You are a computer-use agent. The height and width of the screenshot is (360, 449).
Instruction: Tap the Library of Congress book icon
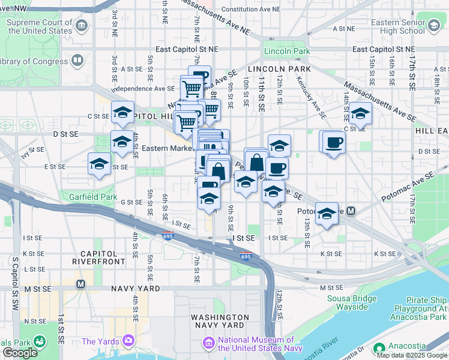(77, 61)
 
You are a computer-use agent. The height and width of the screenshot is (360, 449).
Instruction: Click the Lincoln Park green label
(286, 52)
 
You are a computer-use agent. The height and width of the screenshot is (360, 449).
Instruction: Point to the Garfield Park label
(92, 196)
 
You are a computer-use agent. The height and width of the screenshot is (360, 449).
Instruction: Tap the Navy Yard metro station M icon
(80, 283)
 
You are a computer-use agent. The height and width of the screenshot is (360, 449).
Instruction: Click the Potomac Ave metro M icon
(351, 211)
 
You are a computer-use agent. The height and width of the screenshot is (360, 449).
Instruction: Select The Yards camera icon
(127, 341)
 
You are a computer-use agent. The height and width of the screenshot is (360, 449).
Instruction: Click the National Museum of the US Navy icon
(208, 343)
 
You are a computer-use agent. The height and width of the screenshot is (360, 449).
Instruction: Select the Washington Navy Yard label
(220, 321)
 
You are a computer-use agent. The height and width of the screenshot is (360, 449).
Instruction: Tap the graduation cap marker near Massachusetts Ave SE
(361, 113)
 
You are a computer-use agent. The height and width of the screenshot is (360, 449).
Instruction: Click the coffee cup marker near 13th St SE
(333, 143)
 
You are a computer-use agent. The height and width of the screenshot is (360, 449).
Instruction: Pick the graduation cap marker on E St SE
(100, 164)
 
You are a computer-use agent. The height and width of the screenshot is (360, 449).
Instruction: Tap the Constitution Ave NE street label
(250, 10)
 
